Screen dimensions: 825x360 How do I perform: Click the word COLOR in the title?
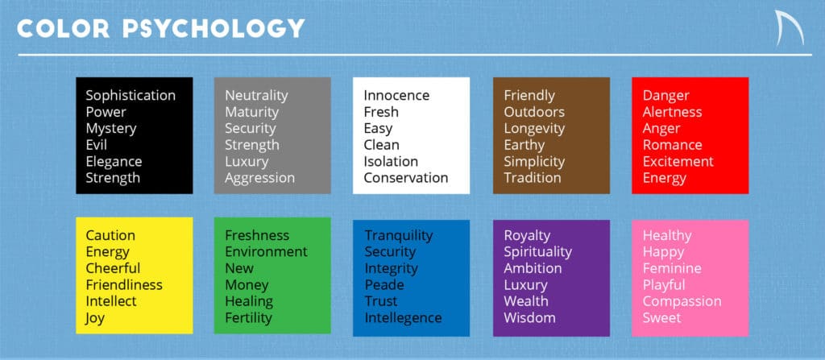(63, 28)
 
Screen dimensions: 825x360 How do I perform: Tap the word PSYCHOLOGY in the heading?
(214, 28)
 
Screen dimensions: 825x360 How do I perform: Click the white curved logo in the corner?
(790, 27)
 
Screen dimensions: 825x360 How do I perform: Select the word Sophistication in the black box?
(131, 95)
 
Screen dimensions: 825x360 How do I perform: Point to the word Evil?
(97, 145)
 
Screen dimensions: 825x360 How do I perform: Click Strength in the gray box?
(252, 145)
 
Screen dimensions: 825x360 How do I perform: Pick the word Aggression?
(260, 178)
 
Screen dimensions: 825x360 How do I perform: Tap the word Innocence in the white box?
(396, 95)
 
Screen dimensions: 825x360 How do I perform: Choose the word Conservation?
(406, 178)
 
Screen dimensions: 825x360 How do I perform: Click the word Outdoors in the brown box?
(534, 112)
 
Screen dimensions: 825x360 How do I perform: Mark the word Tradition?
(533, 178)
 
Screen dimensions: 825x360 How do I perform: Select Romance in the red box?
(673, 145)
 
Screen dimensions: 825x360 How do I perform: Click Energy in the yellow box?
(107, 252)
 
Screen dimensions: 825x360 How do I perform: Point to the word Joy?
(95, 318)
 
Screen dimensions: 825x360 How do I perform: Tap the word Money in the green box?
(247, 285)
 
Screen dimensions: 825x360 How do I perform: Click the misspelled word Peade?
(384, 285)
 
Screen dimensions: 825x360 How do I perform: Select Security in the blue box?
(390, 252)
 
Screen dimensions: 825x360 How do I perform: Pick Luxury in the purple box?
(525, 285)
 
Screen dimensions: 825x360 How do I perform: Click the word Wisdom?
(529, 318)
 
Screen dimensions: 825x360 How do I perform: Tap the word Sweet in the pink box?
(662, 318)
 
